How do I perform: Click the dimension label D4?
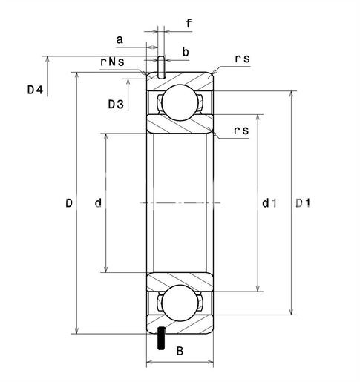tap(35, 90)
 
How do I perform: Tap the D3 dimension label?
tap(116, 105)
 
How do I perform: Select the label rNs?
tap(112, 62)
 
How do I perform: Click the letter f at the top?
tap(189, 24)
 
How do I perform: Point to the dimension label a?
tap(120, 39)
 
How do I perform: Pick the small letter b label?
tap(186, 52)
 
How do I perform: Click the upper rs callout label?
tap(242, 59)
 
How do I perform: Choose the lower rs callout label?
tap(241, 131)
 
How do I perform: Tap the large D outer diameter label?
tap(69, 203)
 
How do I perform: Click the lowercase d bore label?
tap(98, 203)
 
